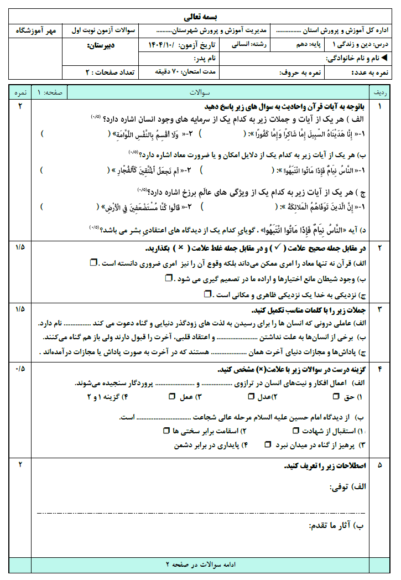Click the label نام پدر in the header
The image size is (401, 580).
click(207, 58)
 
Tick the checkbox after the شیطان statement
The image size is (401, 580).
click(169, 278)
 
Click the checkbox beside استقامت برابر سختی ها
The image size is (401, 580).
click(166, 430)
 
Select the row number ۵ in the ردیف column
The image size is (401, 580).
click(380, 465)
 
